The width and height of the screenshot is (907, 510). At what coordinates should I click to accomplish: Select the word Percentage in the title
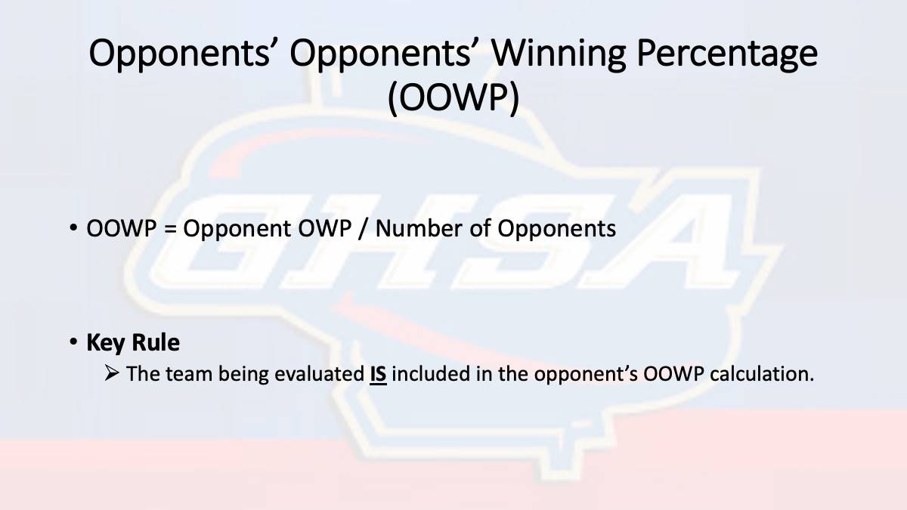point(727,54)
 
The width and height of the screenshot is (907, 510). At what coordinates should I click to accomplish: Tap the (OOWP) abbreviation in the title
point(453,97)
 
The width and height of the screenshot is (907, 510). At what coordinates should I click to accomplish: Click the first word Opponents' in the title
point(179,54)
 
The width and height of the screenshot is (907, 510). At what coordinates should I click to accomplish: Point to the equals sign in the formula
point(171,229)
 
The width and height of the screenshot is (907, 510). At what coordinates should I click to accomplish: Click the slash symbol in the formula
point(364,229)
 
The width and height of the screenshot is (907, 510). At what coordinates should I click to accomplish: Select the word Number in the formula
point(419,228)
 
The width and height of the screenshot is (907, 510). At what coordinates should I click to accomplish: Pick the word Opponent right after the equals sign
point(237,230)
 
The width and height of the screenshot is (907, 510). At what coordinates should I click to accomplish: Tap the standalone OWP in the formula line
point(325,228)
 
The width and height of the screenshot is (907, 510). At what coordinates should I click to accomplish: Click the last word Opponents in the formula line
point(557,230)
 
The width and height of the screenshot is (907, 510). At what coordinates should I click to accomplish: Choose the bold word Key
point(106,344)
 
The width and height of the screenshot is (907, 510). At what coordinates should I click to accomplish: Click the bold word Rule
point(156,342)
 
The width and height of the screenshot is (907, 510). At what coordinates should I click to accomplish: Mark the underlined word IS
point(378,374)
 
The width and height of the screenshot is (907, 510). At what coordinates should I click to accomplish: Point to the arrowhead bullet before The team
point(112,372)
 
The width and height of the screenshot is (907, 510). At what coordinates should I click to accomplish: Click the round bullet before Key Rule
point(73,342)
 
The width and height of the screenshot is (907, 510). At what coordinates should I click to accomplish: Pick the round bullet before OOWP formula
point(73,227)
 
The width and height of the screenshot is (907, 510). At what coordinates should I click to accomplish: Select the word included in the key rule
point(431,373)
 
